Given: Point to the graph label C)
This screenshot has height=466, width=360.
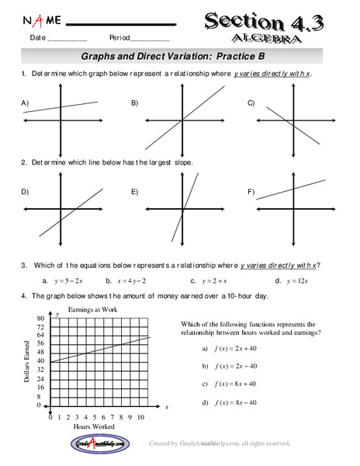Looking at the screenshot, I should coord(251,103).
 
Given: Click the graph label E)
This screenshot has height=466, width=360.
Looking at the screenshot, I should coord(135,191).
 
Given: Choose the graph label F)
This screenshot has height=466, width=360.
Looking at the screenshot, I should coord(251,191).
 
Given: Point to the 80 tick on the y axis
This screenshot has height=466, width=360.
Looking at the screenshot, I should coord(39,318).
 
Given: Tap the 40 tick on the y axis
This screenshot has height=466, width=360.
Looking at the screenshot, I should coord(39,362).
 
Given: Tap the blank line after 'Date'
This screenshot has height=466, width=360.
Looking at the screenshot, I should coord(67,39).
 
